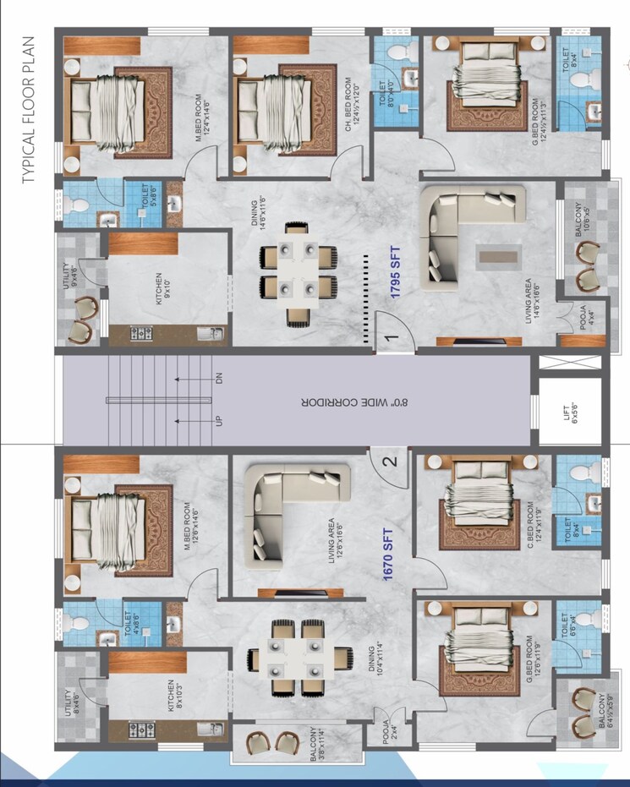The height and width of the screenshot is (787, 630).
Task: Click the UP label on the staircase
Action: (x=218, y=420)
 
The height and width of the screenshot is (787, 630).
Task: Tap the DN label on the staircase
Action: (x=218, y=380)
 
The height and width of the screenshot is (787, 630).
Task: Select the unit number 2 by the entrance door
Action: (x=389, y=462)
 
